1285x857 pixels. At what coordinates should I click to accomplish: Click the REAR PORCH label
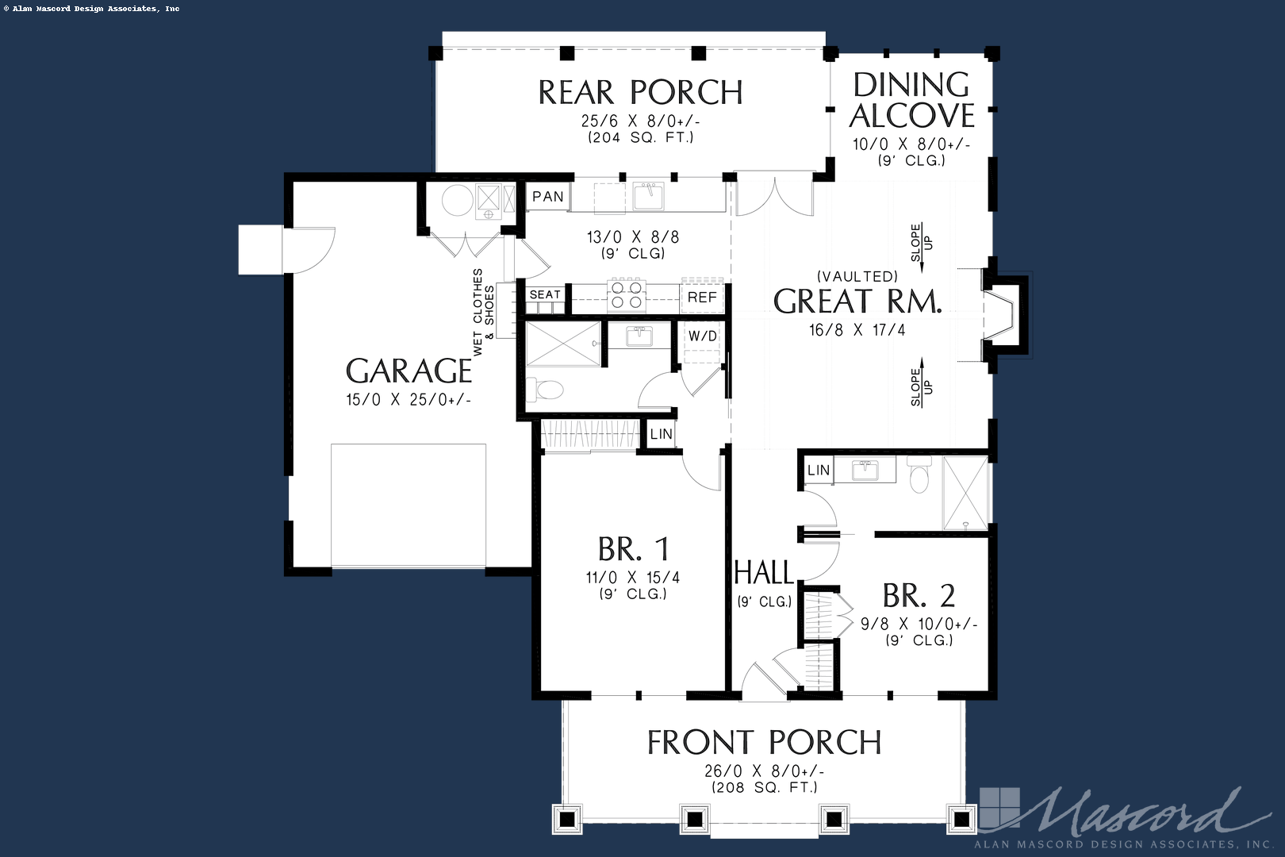[x=640, y=93]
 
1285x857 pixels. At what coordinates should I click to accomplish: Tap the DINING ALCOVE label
[x=911, y=100]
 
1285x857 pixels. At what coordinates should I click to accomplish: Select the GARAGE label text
[x=409, y=371]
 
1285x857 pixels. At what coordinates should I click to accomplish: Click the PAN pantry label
[x=548, y=196]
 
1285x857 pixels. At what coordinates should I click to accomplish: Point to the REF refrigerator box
[x=702, y=298]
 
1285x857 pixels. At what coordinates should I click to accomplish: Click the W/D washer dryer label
[x=702, y=336]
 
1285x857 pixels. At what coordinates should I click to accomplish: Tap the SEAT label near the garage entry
[x=545, y=294]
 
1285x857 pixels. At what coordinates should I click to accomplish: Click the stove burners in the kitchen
[x=625, y=295]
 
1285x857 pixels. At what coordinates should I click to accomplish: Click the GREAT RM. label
[x=857, y=302]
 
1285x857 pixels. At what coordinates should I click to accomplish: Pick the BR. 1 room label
[x=633, y=549]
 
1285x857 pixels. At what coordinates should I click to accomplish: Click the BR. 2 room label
[x=919, y=595]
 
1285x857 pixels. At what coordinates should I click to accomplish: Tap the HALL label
[x=763, y=572]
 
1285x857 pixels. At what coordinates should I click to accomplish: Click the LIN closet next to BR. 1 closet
[x=661, y=434]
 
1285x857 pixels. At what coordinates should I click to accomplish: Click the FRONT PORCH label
[x=764, y=743]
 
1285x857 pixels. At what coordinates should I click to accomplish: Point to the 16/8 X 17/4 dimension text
[x=857, y=330]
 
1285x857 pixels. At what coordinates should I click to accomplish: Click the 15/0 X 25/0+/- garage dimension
[x=409, y=400]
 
